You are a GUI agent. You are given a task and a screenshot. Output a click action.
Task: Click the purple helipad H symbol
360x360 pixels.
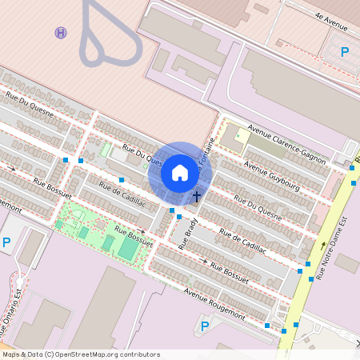pyautogui.click(x=61, y=32)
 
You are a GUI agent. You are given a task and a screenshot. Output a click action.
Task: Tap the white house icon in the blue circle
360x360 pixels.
pyautogui.click(x=180, y=172)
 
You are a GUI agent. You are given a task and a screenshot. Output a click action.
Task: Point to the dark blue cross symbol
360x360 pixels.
pyautogui.click(x=197, y=196)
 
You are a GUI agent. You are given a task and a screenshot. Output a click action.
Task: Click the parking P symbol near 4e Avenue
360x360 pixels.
pyautogui.click(x=345, y=53)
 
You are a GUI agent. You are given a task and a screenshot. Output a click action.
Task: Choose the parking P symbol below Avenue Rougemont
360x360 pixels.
pyautogui.click(x=204, y=326)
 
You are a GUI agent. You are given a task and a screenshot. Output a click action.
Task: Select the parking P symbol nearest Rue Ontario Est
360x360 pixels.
pyautogui.click(x=7, y=242)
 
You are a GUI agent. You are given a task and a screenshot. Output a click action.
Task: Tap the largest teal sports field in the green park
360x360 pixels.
pyautogui.click(x=128, y=249)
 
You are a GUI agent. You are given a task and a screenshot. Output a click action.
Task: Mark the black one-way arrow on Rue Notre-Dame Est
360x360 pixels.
pyautogui.click(x=323, y=244)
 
